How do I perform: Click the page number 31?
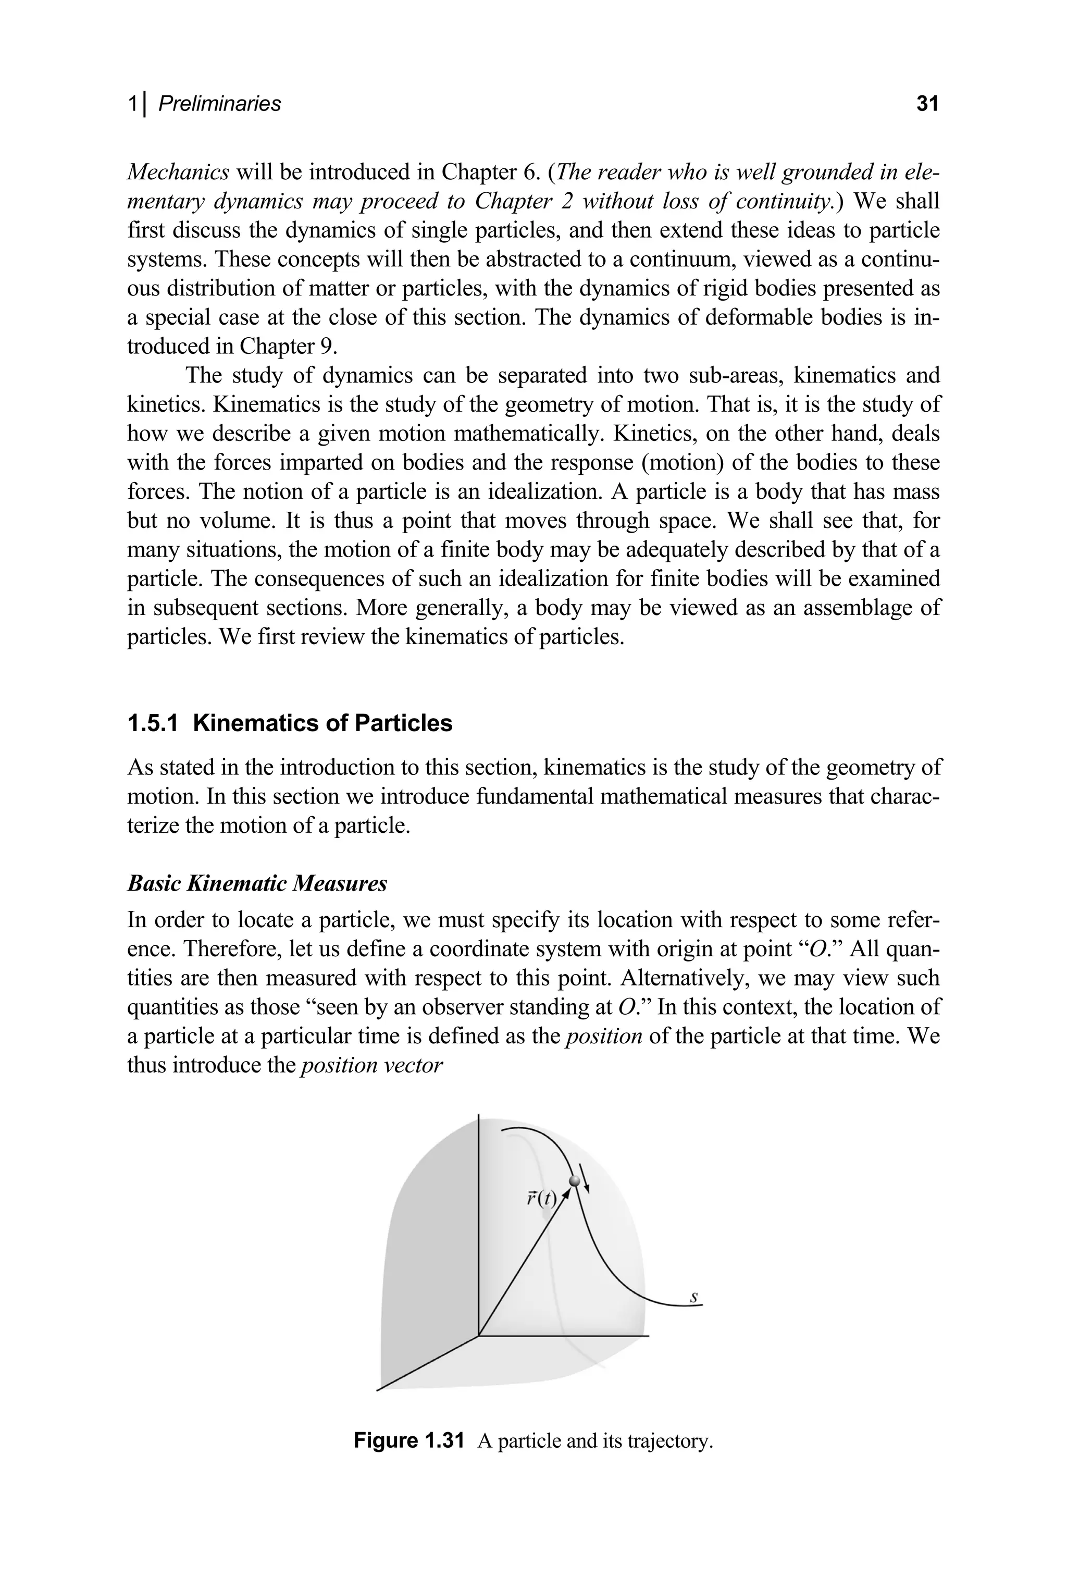pos(927,104)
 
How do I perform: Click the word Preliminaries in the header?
pos(219,104)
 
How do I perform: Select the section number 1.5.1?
pos(153,723)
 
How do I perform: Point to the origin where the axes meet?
pos(479,1336)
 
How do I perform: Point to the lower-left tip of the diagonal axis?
pos(378,1390)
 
